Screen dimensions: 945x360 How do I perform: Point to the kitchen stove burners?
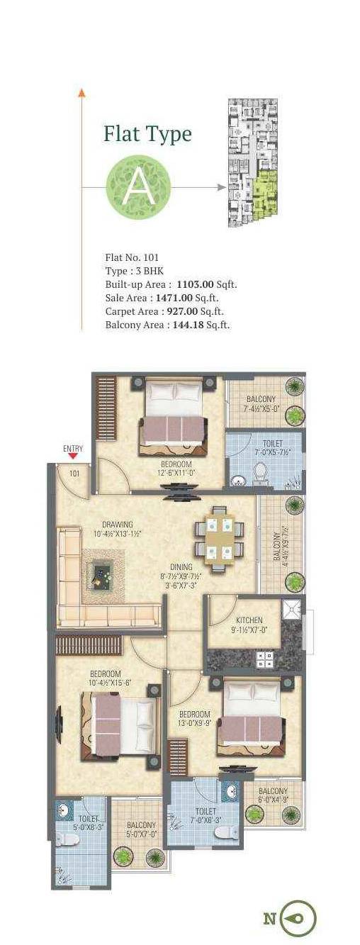pos(265,659)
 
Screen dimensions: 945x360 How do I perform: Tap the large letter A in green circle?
pos(138,187)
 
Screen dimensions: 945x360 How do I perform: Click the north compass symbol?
pos(297,919)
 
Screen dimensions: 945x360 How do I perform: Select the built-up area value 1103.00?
pos(195,284)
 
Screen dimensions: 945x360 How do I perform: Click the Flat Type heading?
pos(147,133)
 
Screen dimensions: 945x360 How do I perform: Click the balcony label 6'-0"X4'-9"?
pos(272,795)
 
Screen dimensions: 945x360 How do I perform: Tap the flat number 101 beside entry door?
pos(74,474)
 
